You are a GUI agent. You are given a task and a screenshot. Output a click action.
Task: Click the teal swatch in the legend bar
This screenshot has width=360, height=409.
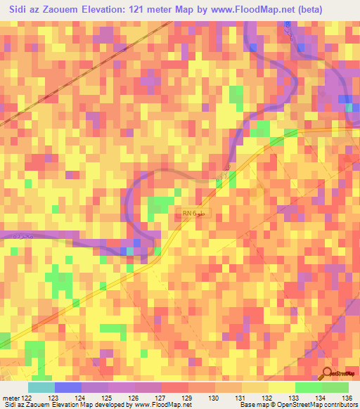point(41,388)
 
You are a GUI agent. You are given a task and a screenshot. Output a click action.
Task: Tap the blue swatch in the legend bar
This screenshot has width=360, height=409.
point(67,388)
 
